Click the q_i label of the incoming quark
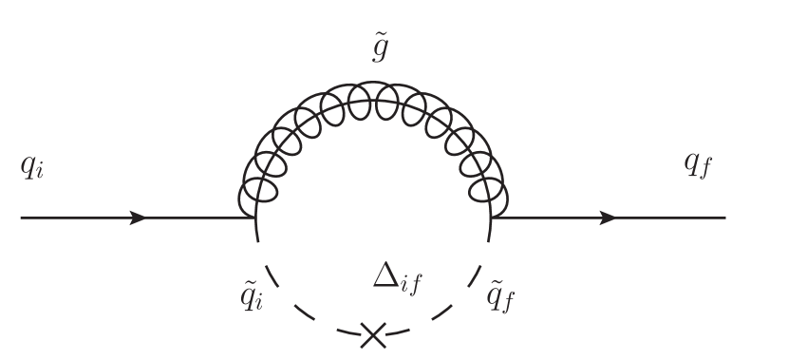coord(31,168)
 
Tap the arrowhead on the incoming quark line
coord(139,218)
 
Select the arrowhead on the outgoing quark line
coord(608,218)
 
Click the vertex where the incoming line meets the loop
coord(255,218)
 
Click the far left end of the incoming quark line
coord(22,218)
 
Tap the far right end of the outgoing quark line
coord(725,218)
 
